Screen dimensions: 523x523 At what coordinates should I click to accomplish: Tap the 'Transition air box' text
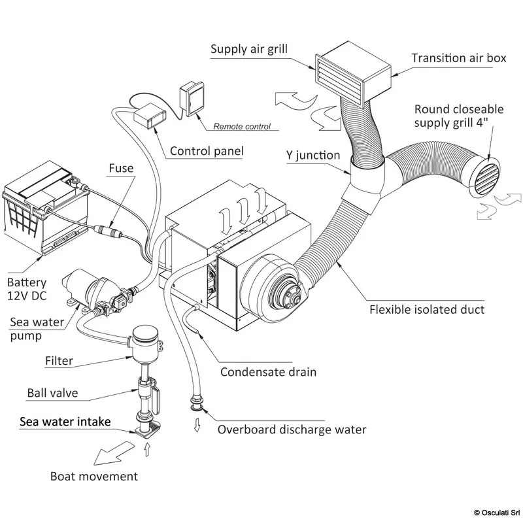click(x=458, y=58)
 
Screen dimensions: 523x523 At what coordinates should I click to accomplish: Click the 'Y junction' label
click(x=314, y=156)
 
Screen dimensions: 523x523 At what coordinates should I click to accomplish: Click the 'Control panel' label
click(x=207, y=152)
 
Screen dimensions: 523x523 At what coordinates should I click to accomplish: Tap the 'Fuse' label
click(x=121, y=169)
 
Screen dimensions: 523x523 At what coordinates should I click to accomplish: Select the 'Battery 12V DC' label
click(x=27, y=290)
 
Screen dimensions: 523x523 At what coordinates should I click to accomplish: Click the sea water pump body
click(x=98, y=288)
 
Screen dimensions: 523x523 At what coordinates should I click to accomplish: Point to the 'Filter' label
click(x=59, y=360)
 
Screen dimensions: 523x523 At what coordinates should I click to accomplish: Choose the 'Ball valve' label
click(x=52, y=393)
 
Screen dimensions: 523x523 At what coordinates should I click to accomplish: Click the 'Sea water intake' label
click(x=65, y=421)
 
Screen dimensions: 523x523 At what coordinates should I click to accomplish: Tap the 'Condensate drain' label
click(x=268, y=372)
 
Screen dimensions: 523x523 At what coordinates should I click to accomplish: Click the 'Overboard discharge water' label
click(x=292, y=430)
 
